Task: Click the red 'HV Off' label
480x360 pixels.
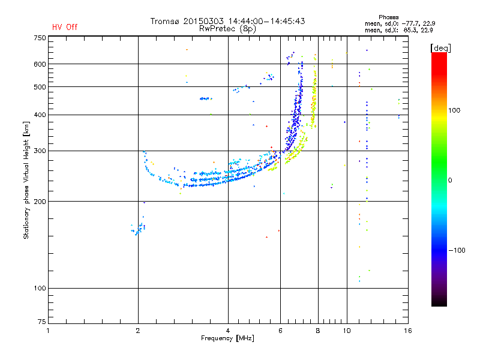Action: (x=64, y=27)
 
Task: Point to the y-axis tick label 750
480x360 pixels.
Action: (x=40, y=37)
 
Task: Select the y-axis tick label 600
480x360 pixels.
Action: (x=40, y=64)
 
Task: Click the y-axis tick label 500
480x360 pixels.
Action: (x=40, y=87)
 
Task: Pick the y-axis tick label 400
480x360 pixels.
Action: (x=40, y=115)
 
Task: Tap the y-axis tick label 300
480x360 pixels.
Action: (x=40, y=151)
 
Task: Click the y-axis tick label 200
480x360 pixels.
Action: (x=40, y=201)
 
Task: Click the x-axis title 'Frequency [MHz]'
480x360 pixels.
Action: (x=227, y=339)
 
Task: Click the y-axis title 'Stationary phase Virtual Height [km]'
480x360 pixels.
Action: (x=26, y=181)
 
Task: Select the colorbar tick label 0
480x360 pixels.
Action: (x=449, y=180)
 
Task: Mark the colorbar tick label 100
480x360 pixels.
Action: (x=455, y=110)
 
